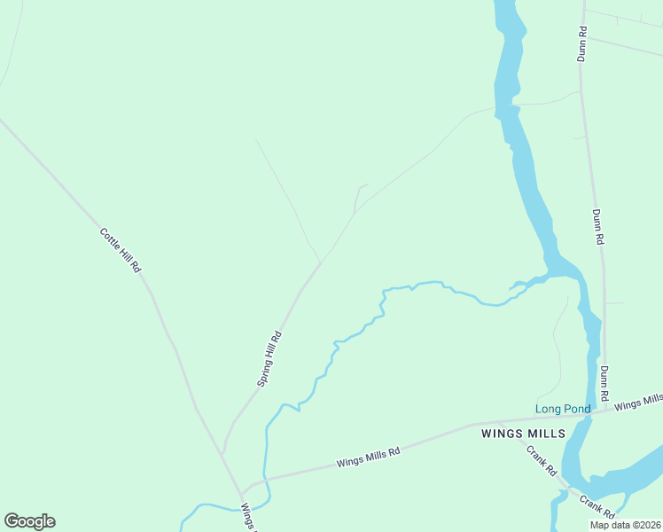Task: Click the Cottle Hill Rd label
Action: (x=121, y=250)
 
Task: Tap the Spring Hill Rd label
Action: (x=269, y=358)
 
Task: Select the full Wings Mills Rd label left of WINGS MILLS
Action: (x=368, y=458)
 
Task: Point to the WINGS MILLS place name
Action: (x=523, y=434)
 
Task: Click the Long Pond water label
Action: (x=562, y=409)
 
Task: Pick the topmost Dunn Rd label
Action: (x=581, y=44)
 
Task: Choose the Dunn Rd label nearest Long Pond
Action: (x=604, y=382)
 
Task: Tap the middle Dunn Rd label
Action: (x=598, y=227)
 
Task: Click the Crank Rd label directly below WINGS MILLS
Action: (x=540, y=458)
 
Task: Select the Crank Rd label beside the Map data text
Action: (x=597, y=505)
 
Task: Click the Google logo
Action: (x=29, y=521)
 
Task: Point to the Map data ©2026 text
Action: (x=624, y=525)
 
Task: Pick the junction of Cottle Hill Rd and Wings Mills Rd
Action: (x=240, y=492)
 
